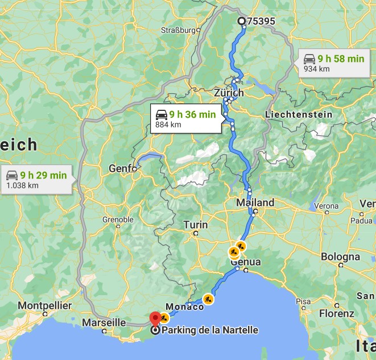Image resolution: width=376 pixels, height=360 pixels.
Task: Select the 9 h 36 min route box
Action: click(186, 119)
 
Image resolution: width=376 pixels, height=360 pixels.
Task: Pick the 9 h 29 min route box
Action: click(36, 179)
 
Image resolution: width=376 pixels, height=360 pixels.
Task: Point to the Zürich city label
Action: click(229, 93)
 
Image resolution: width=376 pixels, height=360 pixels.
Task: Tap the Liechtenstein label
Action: click(299, 114)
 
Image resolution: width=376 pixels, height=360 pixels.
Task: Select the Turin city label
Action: click(195, 225)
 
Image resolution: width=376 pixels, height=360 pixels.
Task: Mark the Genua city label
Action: click(246, 262)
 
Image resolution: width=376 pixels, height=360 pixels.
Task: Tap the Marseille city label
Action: click(104, 322)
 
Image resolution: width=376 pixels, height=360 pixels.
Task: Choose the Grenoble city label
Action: click(118, 220)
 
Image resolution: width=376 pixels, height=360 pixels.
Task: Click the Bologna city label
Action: click(340, 256)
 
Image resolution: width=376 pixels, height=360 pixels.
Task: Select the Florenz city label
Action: click(337, 313)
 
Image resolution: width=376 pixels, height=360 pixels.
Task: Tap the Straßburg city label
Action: click(178, 30)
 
